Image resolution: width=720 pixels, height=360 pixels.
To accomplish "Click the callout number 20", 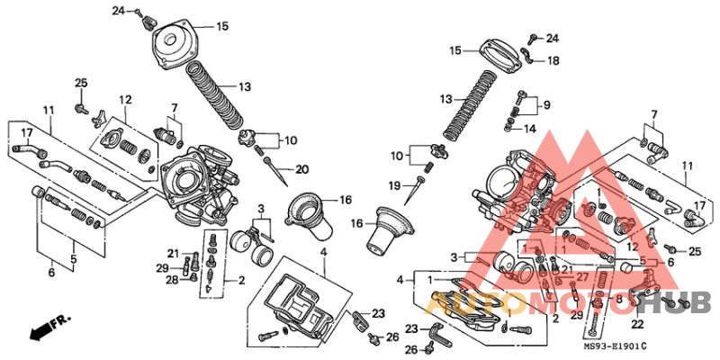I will [301, 169].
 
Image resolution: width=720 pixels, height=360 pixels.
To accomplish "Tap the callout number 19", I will [393, 186].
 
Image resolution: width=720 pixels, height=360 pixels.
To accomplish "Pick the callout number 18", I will [553, 61].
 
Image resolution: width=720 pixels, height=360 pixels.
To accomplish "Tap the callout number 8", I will [618, 298].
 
